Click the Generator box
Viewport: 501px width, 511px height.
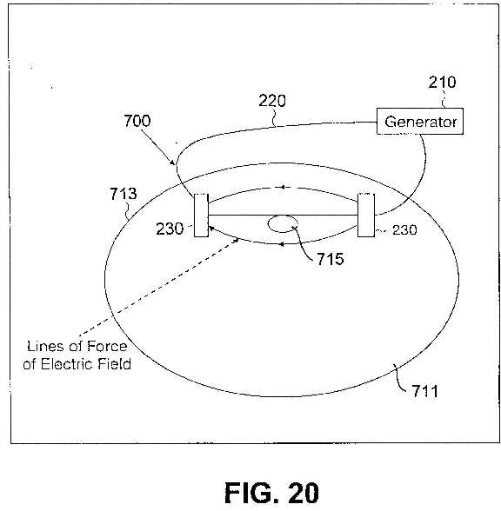point(420,122)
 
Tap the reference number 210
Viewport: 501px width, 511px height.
point(442,82)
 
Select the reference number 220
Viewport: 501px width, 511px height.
point(272,101)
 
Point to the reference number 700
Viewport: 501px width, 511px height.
point(137,121)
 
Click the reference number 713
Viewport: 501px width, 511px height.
point(123,194)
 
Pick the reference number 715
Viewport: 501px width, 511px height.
point(331,259)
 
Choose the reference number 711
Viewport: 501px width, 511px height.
point(424,391)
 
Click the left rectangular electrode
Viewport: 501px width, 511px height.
point(201,216)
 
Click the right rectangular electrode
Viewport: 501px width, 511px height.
point(366,216)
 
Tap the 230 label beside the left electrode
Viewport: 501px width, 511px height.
point(170,229)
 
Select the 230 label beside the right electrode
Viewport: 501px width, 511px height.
point(404,230)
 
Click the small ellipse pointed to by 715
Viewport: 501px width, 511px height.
point(283,224)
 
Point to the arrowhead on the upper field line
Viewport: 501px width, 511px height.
point(284,188)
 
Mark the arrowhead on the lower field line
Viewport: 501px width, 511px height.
point(281,244)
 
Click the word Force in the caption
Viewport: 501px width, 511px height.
point(107,347)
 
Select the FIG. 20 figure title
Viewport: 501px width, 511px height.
point(271,493)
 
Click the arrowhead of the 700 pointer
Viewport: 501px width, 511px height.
point(174,163)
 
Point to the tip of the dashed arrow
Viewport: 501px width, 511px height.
point(238,239)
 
